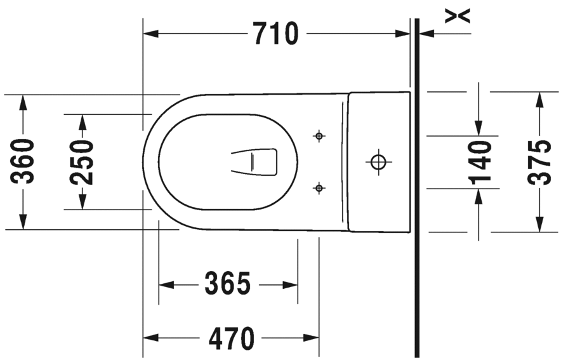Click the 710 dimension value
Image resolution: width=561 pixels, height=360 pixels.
275,33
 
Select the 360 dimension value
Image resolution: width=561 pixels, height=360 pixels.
22,161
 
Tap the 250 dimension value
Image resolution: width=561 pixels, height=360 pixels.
82,162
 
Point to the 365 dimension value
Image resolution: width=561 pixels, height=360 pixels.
228,283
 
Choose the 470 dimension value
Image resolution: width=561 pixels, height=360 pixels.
232,338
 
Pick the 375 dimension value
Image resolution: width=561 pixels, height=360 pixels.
539,163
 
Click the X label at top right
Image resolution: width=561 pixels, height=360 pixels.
458,16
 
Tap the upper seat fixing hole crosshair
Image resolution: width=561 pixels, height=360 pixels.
319,136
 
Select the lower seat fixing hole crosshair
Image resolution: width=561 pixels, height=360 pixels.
319,187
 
